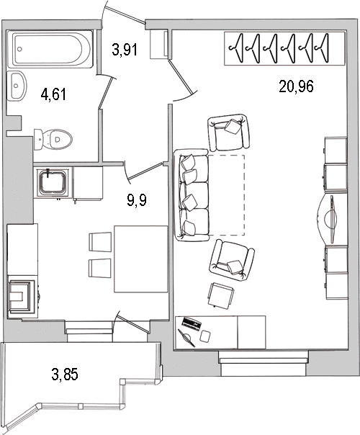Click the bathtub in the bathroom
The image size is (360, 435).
tap(50, 49)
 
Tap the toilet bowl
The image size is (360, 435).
tap(53, 139)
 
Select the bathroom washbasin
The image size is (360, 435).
tap(17, 85)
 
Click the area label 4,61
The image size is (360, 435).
tap(53, 94)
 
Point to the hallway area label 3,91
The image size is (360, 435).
tap(125, 50)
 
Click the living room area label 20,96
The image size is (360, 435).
tap(296, 86)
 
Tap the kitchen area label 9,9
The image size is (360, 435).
tap(137, 199)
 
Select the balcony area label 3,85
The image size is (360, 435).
tap(65, 375)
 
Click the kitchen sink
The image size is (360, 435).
tap(53, 182)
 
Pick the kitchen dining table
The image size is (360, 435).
tap(141, 259)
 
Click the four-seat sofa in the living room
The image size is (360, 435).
tap(191, 195)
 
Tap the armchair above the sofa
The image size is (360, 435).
tap(229, 132)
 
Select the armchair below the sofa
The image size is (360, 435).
tap(232, 260)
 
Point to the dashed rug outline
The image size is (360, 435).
tap(227, 195)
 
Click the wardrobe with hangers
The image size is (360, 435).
tap(285, 48)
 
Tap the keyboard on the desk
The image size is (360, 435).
tap(191, 324)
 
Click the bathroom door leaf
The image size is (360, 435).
tap(107, 92)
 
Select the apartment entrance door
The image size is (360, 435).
tap(128, 12)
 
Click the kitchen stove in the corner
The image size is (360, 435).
tap(23, 297)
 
